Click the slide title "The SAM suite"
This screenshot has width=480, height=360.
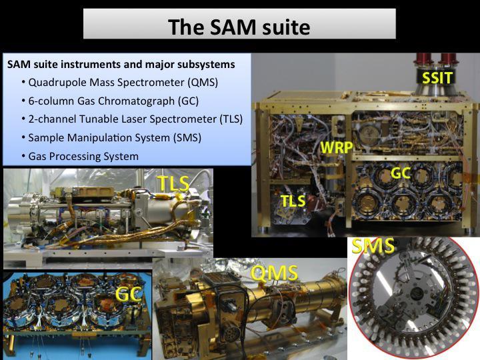(239, 27)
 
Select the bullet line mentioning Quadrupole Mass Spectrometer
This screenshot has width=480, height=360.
(123, 83)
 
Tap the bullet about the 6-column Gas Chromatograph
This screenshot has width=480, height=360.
(113, 101)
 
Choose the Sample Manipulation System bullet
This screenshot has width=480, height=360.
(114, 138)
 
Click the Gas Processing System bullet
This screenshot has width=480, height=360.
(83, 156)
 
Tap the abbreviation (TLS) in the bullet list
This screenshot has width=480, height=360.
(230, 119)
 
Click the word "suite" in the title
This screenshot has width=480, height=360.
(283, 27)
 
